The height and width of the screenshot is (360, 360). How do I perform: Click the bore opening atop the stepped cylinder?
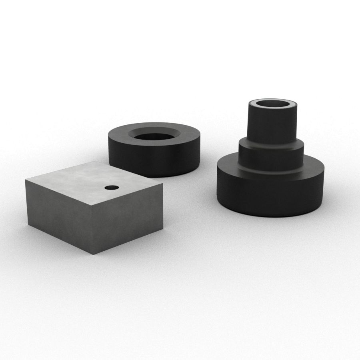(x=274, y=104)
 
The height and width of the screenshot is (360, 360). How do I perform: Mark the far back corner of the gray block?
(x=96, y=162)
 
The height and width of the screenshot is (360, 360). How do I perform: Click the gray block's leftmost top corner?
(x=26, y=180)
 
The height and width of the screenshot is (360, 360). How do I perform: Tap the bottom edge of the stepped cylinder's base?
(x=270, y=216)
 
